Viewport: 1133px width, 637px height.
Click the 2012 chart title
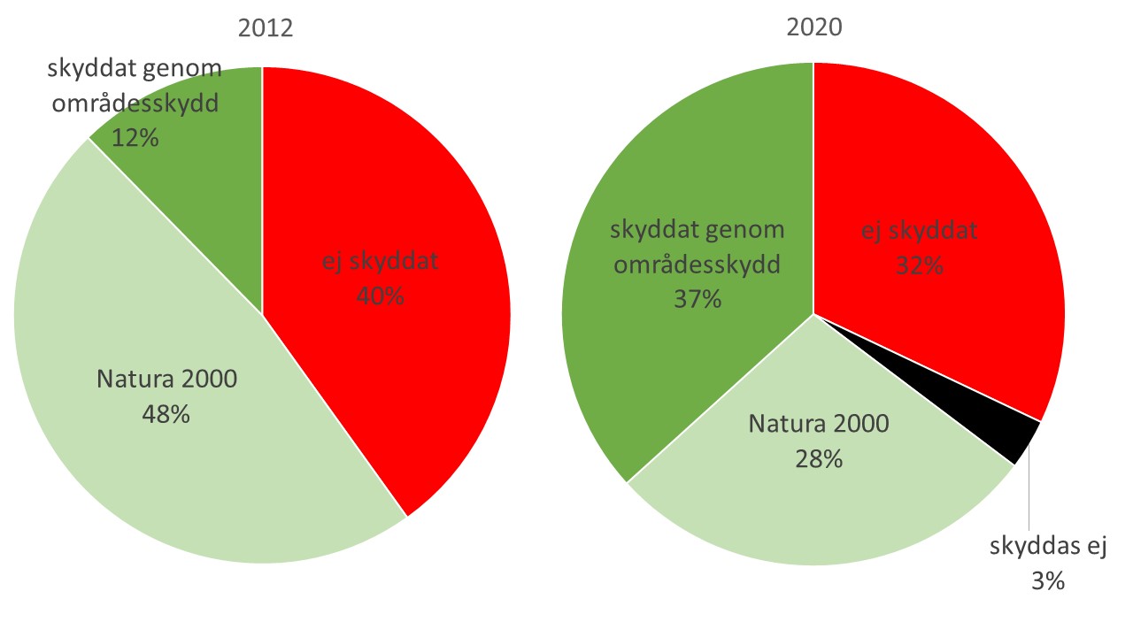[266, 28]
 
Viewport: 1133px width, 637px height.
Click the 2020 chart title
[814, 27]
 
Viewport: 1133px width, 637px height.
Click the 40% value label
[381, 295]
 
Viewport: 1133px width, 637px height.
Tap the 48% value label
[166, 414]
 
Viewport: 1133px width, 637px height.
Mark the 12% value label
[135, 137]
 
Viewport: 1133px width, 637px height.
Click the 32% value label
[920, 265]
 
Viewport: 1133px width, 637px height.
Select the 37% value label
[698, 299]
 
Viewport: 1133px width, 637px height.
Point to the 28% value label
[819, 459]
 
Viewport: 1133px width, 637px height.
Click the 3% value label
[1048, 581]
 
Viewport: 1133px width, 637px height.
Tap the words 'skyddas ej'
[1048, 547]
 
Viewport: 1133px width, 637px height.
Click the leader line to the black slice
[1029, 487]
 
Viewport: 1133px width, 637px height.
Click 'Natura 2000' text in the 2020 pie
[819, 424]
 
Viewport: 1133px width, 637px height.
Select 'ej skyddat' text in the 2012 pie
[381, 261]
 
